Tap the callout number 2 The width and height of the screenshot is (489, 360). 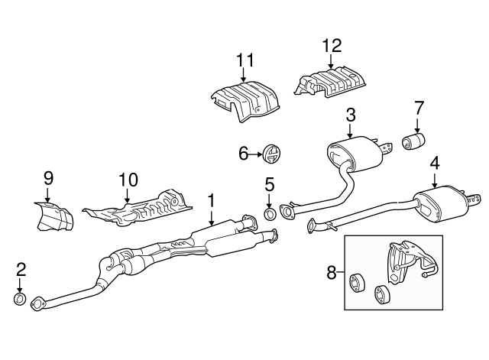coord(21,268)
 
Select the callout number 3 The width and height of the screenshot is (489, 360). coord(351,115)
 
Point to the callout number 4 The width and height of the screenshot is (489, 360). coord(434,163)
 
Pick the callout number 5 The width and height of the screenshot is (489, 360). coord(269,184)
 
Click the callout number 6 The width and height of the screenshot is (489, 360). coord(244,154)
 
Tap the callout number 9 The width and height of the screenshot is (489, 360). coord(48,178)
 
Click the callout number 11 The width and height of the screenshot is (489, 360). coord(244,59)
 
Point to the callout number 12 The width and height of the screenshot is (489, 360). coord(332,45)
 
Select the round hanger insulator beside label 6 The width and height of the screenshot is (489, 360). coord(270,154)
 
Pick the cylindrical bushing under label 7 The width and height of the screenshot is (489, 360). coord(414,142)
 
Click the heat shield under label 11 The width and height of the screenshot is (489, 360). coord(244,101)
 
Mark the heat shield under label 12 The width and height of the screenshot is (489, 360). coord(332,83)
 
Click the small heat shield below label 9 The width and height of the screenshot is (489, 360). coord(53,216)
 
